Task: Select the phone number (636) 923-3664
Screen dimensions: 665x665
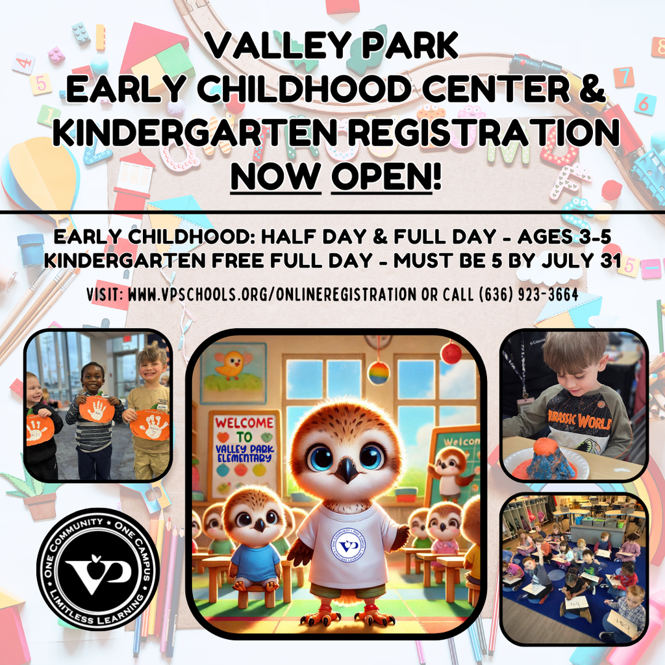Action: point(527,294)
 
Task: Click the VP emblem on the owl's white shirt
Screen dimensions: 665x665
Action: point(349,544)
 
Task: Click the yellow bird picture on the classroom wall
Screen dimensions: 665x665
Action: point(232,367)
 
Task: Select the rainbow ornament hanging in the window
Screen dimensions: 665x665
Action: point(378,373)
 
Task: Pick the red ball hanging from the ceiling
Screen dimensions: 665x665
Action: point(450,353)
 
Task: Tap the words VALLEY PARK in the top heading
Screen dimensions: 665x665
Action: point(332,47)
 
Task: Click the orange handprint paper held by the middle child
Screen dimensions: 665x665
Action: point(97,410)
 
